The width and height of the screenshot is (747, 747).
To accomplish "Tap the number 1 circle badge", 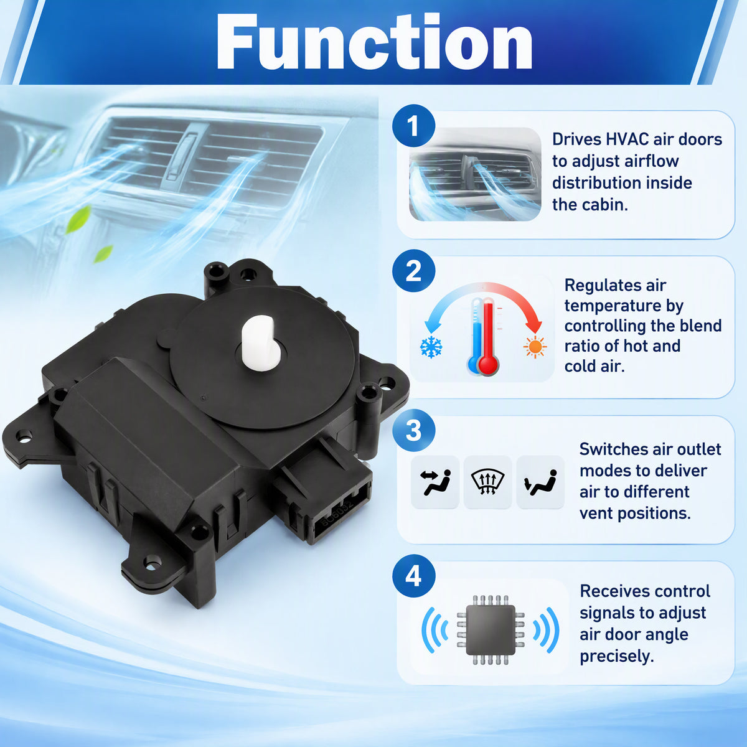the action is (x=413, y=126).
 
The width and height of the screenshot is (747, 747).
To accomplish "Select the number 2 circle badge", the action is (x=413, y=271).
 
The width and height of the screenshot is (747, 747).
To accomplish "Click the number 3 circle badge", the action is (x=413, y=430).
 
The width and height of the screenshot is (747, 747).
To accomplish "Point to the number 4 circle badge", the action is (x=413, y=576).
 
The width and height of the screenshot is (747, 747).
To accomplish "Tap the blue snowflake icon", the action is (x=431, y=346).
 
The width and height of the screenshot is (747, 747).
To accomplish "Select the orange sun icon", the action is (x=535, y=347).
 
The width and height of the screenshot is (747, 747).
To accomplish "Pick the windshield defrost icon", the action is (x=487, y=482).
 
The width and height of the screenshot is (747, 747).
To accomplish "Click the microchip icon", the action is (x=491, y=629).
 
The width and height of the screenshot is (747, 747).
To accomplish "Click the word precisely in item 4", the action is (x=616, y=656).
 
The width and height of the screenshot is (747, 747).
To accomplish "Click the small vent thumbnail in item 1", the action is (x=475, y=174).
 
